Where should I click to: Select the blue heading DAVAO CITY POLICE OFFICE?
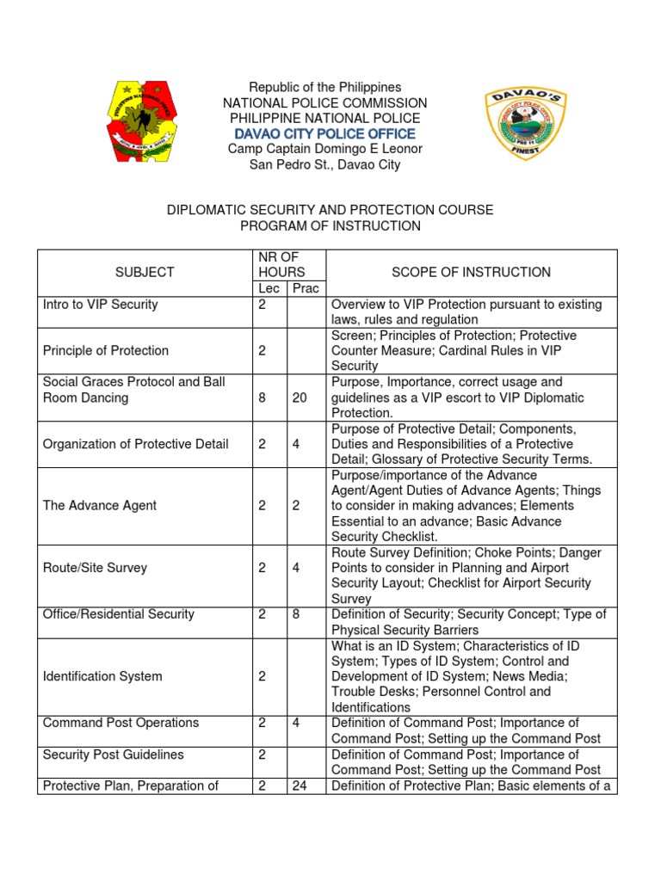[325, 133]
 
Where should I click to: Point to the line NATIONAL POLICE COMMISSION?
[325, 103]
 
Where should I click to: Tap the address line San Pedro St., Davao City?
[325, 164]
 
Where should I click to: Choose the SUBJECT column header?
[145, 272]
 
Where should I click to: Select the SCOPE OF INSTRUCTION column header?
[471, 272]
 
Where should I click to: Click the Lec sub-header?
[269, 288]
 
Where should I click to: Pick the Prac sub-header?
[306, 288]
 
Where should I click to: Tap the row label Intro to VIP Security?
[101, 304]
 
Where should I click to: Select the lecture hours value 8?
[262, 397]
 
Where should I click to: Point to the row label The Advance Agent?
[100, 505]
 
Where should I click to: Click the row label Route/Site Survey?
[95, 568]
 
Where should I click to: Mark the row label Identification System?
[102, 676]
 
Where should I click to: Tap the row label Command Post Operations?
[120, 723]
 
